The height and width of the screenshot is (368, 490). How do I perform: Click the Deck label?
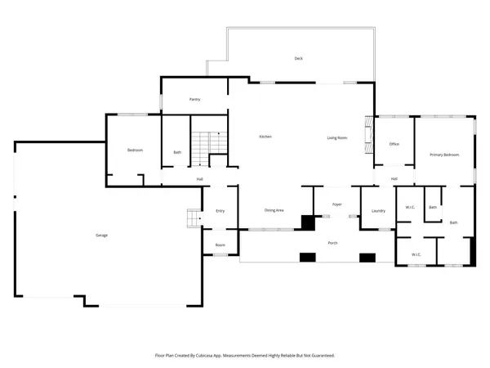(299, 59)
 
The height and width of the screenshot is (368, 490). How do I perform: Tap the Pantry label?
(194, 100)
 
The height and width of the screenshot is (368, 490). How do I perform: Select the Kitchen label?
(265, 137)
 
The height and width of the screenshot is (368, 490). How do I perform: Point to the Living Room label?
(338, 138)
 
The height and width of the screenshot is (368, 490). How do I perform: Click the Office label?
(394, 144)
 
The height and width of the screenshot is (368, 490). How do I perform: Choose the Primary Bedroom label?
(445, 155)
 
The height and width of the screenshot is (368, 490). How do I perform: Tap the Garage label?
(102, 236)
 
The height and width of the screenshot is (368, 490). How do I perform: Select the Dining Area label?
(274, 211)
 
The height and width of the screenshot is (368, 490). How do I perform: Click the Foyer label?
(336, 203)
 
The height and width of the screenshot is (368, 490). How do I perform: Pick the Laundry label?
(378, 211)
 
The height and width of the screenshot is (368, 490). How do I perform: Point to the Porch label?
(333, 243)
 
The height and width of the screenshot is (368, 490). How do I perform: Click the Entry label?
(220, 211)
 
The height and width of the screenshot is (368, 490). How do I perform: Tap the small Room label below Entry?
(220, 245)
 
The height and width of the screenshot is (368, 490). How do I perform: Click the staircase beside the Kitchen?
(209, 142)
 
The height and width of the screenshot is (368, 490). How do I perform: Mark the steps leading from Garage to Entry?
(194, 219)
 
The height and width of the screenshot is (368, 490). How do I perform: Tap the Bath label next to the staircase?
(177, 152)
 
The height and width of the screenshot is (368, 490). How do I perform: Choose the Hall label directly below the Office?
(394, 178)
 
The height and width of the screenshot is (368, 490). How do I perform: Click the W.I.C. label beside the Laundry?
(410, 207)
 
